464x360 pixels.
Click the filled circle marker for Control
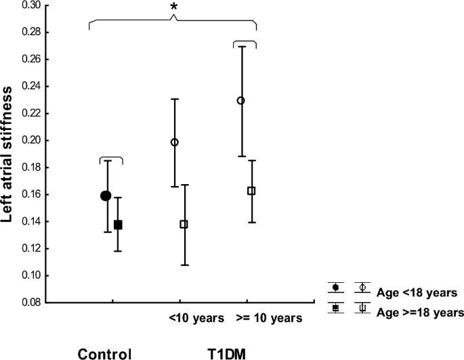tap(106, 196)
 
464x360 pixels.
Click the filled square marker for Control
tap(118, 225)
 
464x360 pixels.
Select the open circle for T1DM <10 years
tap(175, 142)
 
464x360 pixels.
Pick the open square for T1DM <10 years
tap(184, 224)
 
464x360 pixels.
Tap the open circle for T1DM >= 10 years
tap(240, 100)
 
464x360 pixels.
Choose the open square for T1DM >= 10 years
tap(251, 191)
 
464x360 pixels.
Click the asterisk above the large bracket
tap(174, 7)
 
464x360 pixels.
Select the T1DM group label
tap(227, 353)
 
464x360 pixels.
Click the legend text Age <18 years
tap(417, 292)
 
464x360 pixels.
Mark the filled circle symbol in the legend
tap(335, 288)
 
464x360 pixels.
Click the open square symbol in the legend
tap(363, 308)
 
